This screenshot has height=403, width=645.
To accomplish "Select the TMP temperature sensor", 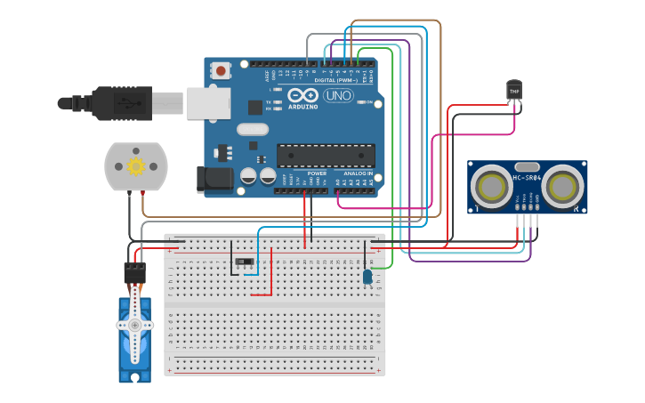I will pyautogui.click(x=514, y=90).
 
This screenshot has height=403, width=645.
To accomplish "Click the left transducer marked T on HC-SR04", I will pyautogui.click(x=492, y=187).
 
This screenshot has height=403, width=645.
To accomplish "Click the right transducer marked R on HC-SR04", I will pyautogui.click(x=562, y=187).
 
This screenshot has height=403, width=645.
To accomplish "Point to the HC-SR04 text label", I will pyautogui.click(x=527, y=178).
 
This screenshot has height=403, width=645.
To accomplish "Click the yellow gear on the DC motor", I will pyautogui.click(x=136, y=166).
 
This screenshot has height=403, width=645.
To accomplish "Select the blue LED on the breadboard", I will pyautogui.click(x=367, y=277).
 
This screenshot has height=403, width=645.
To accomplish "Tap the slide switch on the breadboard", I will pyautogui.click(x=244, y=262).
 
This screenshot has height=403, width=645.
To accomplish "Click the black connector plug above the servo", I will pyautogui.click(x=134, y=272).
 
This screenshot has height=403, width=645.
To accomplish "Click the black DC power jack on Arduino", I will pyautogui.click(x=214, y=179).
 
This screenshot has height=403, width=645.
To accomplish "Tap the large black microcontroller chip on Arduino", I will pyautogui.click(x=325, y=156).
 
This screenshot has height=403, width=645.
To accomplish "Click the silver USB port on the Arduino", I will pyautogui.click(x=208, y=103).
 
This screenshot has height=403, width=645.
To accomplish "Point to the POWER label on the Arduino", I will pyautogui.click(x=317, y=173).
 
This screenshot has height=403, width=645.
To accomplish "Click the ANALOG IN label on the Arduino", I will pyautogui.click(x=359, y=173).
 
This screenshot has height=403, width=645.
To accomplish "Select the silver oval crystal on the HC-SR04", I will pyautogui.click(x=527, y=166).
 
